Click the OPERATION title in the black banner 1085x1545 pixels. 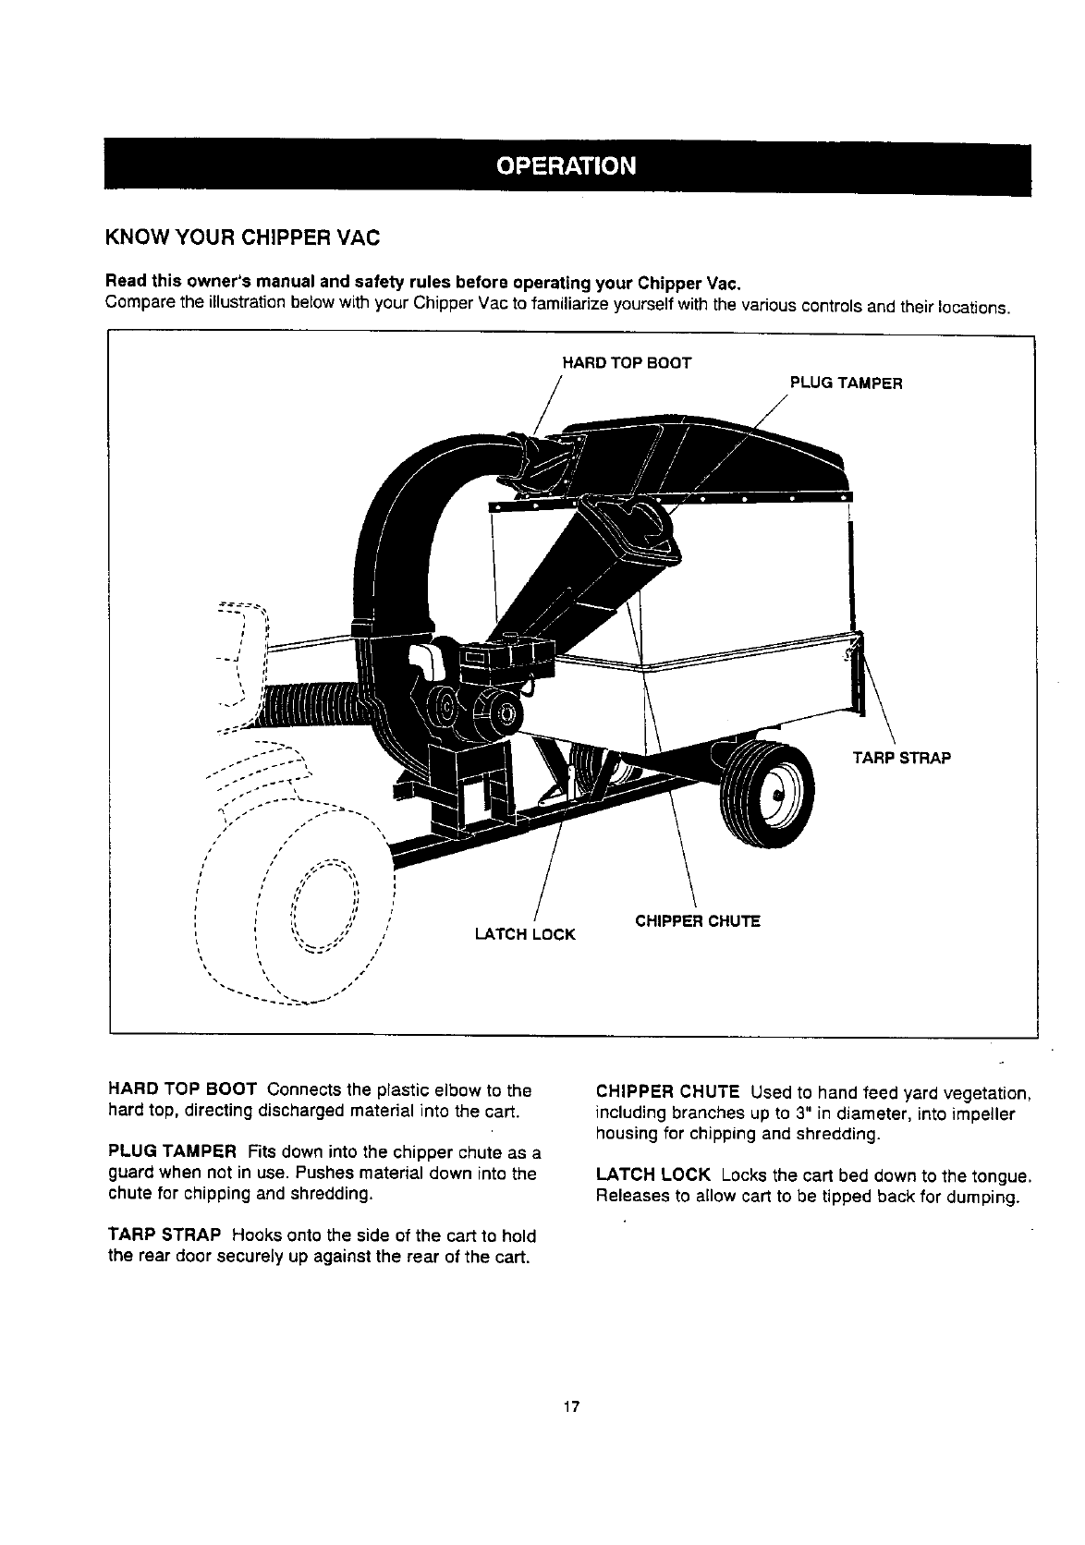coord(567,166)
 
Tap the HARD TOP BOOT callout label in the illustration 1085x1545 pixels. coord(627,363)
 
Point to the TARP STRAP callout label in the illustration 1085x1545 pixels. coord(901,758)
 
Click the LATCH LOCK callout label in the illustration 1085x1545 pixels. coord(524,934)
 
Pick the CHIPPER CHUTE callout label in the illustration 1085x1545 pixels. coord(698,921)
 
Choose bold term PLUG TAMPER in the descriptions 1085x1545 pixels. coord(174,1153)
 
